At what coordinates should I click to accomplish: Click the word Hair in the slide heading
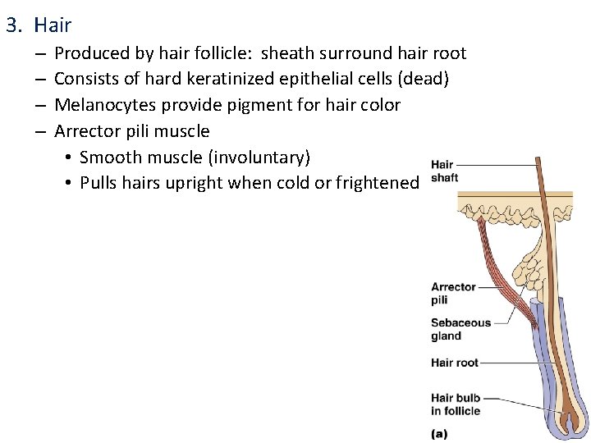(53, 25)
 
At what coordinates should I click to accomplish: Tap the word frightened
(378, 182)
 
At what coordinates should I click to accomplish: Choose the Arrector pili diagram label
(453, 293)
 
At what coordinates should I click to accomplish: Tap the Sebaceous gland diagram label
(460, 329)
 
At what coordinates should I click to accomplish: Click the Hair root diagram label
(454, 363)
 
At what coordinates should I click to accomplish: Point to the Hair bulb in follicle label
(456, 404)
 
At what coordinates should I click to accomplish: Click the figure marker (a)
(439, 432)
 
